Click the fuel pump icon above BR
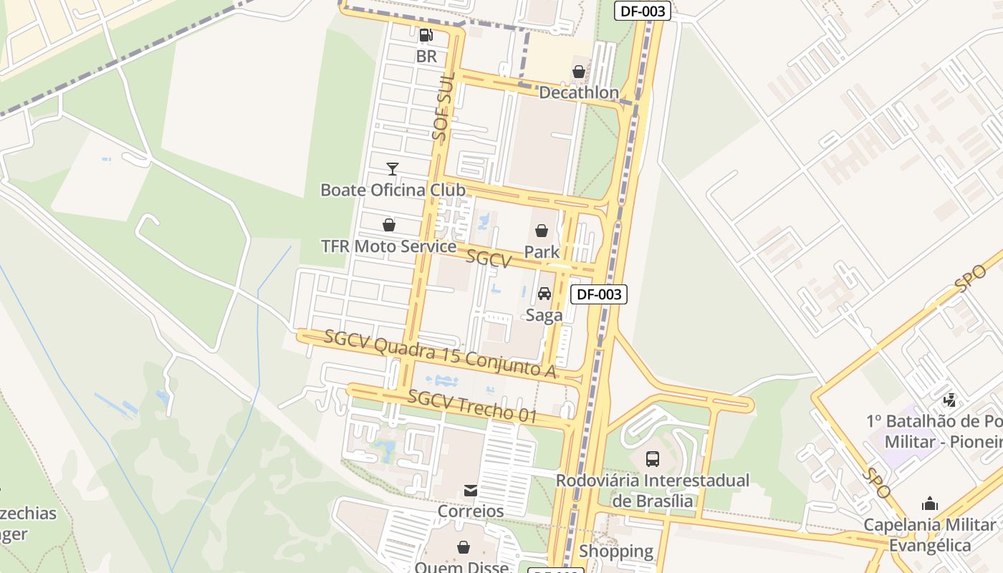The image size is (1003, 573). click(426, 34)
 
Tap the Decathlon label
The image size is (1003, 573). click(578, 92)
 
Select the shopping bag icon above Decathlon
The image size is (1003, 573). click(578, 72)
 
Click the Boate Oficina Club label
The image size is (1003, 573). click(393, 190)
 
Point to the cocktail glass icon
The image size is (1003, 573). click(392, 169)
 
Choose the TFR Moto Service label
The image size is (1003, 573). click(388, 246)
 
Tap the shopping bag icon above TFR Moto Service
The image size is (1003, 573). click(388, 226)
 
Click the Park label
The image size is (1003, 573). click(542, 251)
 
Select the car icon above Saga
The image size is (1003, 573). click(544, 294)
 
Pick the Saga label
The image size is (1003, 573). click(544, 315)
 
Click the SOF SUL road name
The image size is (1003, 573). click(444, 115)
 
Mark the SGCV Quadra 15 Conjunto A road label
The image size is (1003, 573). click(440, 353)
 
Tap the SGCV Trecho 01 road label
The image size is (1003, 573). click(472, 406)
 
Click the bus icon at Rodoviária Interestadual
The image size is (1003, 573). click(652, 458)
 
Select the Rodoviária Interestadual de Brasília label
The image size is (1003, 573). click(653, 490)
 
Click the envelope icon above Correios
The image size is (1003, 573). click(471, 491)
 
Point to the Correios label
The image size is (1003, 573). click(471, 511)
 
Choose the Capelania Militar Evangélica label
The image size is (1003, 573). click(930, 534)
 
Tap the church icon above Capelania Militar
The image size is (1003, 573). click(930, 504)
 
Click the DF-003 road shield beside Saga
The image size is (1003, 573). click(598, 294)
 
